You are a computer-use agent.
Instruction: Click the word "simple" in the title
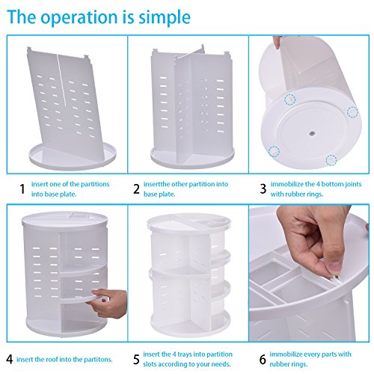[x=165, y=17]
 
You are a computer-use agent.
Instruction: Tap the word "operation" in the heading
[x=79, y=17]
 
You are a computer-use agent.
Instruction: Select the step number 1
[x=22, y=189]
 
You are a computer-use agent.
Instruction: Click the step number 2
[x=136, y=189]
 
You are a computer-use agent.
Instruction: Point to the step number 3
[x=263, y=189]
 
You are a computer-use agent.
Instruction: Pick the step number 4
[x=9, y=360]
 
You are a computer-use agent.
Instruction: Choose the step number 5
[x=136, y=360]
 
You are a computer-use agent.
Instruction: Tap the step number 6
[x=263, y=360]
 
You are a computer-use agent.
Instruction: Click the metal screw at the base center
[x=311, y=134]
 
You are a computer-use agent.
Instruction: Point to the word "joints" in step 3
[x=353, y=185]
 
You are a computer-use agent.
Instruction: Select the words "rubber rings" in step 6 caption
[x=289, y=364]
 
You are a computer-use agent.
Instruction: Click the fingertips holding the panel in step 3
[x=278, y=43]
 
